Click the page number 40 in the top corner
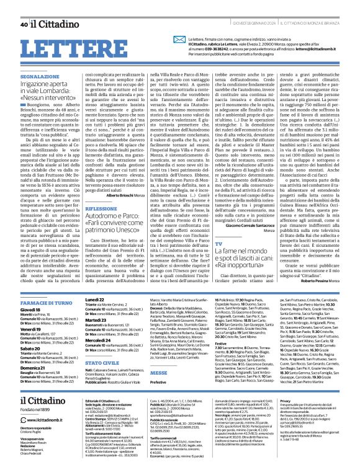click(x=24, y=7)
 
